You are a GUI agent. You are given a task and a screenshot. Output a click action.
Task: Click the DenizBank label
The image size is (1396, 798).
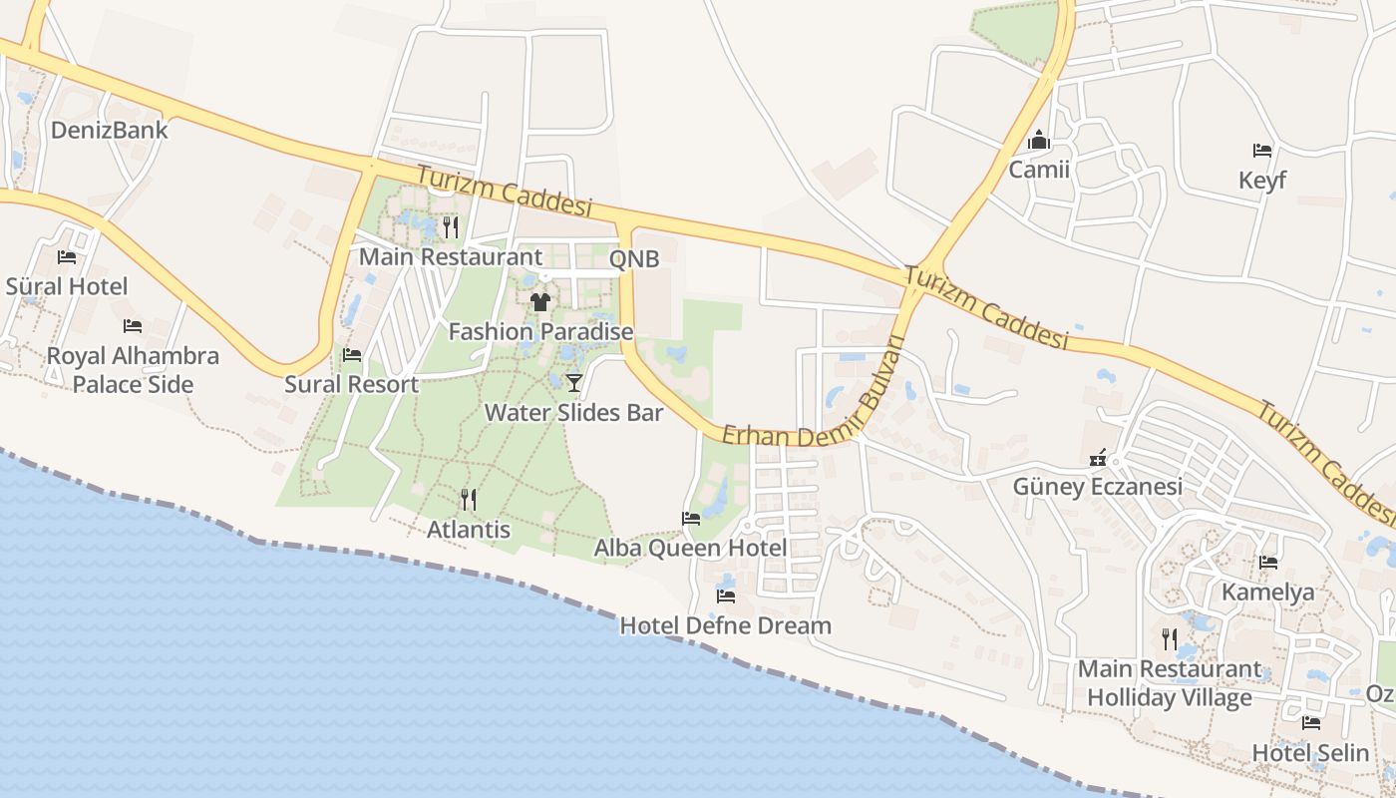pos(110,131)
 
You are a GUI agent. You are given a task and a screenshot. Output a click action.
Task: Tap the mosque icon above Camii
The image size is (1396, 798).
pos(1039,141)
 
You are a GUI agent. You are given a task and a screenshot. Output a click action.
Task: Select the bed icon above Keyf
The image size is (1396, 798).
pos(1262,151)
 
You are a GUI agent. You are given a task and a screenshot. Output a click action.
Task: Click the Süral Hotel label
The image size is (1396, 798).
pos(67,286)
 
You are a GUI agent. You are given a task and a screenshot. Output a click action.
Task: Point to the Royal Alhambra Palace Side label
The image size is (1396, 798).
pos(133,370)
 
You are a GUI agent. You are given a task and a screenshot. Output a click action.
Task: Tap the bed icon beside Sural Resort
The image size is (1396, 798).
pos(352,355)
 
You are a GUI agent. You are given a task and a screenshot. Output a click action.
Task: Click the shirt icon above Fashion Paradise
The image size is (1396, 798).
pos(540,301)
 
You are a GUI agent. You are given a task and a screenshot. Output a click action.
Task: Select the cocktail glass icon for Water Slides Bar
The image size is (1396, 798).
pos(574,382)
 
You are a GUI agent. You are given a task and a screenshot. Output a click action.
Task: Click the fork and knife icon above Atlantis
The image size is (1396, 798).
pos(468,499)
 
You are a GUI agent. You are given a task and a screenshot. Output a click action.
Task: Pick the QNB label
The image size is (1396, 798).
pos(634,259)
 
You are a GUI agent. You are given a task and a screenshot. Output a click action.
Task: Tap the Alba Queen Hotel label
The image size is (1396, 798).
pos(690,548)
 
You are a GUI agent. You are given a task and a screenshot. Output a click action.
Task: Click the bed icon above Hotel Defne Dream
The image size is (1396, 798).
pos(726,597)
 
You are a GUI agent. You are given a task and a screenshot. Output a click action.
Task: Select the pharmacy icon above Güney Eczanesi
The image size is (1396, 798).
pos(1098,458)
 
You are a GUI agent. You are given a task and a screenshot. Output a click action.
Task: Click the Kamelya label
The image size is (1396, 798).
pos(1268,593)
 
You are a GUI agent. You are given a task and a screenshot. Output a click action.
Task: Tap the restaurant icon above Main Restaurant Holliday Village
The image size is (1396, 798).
pos(1169,638)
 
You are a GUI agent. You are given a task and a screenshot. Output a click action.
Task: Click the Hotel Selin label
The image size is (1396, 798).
pos(1310,752)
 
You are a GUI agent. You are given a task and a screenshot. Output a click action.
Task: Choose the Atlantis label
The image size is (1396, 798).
pos(469,530)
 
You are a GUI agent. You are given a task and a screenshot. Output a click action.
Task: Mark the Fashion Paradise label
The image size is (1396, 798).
pos(540,331)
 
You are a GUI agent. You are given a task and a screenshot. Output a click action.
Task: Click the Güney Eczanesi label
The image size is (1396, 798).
pos(1097,487)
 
